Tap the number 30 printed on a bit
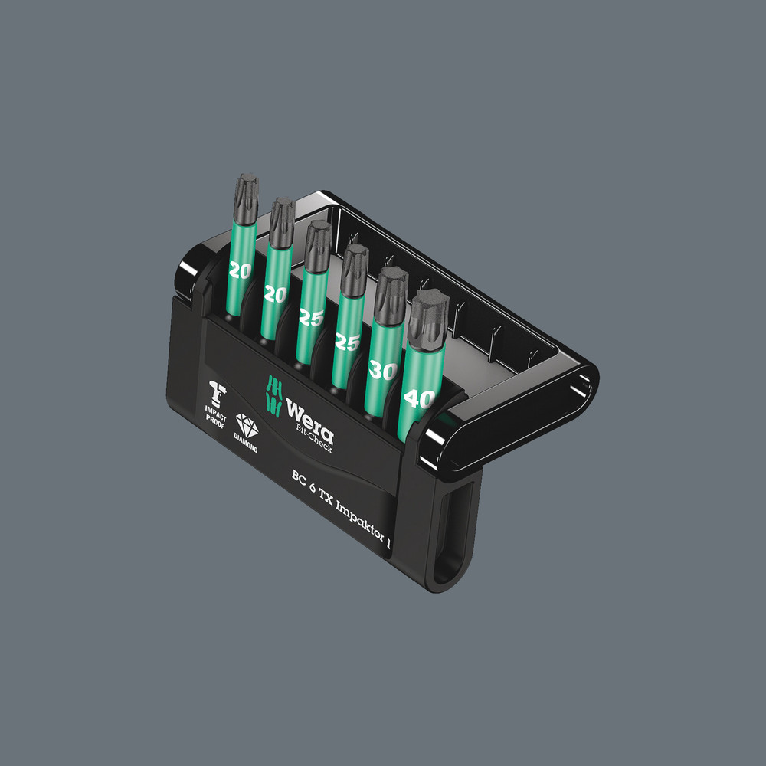pyautogui.click(x=381, y=370)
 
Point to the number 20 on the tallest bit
pyautogui.click(x=239, y=270)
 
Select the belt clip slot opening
pyautogui.click(x=453, y=536)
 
